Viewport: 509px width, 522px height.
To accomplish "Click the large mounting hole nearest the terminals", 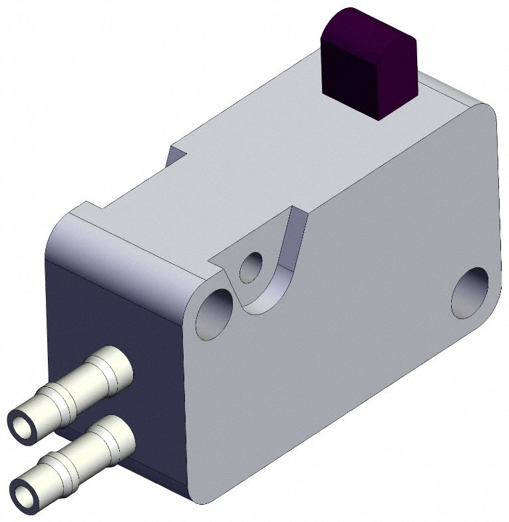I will [x=215, y=313].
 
